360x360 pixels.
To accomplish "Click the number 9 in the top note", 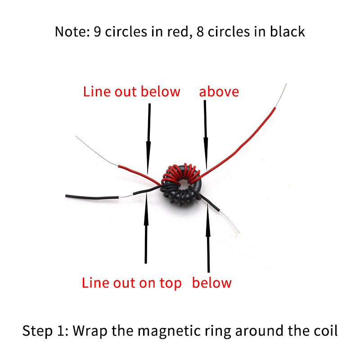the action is tap(97, 31).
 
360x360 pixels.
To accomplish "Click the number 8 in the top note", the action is tap(200, 31).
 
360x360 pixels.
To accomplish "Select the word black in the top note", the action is tap(288, 31).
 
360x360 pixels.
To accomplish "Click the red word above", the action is tap(219, 92).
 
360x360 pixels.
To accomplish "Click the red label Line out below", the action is tap(131, 92).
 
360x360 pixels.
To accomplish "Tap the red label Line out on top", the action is tap(131, 283).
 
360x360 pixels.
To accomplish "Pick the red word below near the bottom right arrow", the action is tap(211, 283).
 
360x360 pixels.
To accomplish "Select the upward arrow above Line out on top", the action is tap(146, 229).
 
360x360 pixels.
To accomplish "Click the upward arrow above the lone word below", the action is tap(208, 237).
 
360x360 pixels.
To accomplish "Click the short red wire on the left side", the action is tap(139, 175).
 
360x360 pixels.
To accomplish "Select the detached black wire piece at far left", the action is tap(92, 197).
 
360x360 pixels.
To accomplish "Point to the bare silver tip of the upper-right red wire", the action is tap(281, 95).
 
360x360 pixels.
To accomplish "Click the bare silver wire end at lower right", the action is tap(229, 221).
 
